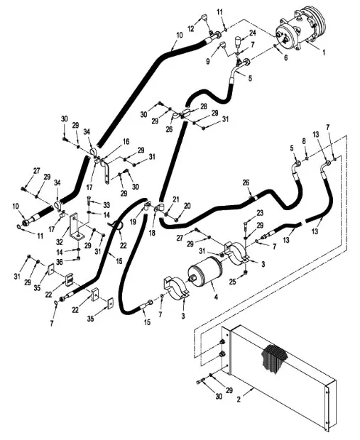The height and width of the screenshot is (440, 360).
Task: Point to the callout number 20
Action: tap(187, 207)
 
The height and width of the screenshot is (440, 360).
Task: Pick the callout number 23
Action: tap(260, 213)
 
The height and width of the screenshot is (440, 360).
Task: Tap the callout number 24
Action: tap(252, 33)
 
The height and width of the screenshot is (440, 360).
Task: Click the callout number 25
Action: tap(231, 282)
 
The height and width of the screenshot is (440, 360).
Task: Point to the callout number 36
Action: tap(59, 262)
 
